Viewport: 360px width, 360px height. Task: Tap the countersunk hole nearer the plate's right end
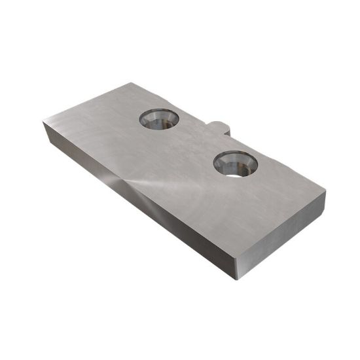click(236, 163)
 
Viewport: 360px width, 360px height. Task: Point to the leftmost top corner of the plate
click(43, 121)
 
